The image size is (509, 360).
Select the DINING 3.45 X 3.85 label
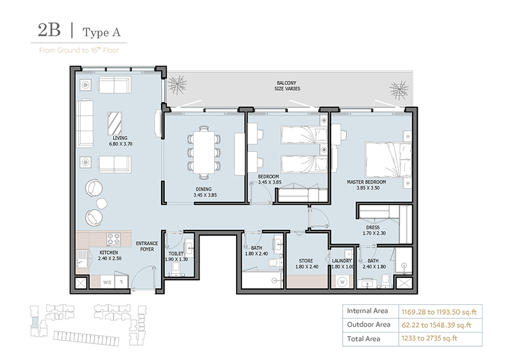click(x=203, y=192)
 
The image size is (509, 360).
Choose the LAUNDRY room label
click(x=342, y=263)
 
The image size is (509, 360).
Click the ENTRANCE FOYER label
click(x=147, y=246)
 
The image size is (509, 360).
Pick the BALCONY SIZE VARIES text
click(x=287, y=85)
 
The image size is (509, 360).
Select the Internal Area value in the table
click(x=439, y=311)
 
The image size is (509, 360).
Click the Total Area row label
click(x=364, y=339)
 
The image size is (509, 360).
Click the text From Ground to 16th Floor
click(x=79, y=50)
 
